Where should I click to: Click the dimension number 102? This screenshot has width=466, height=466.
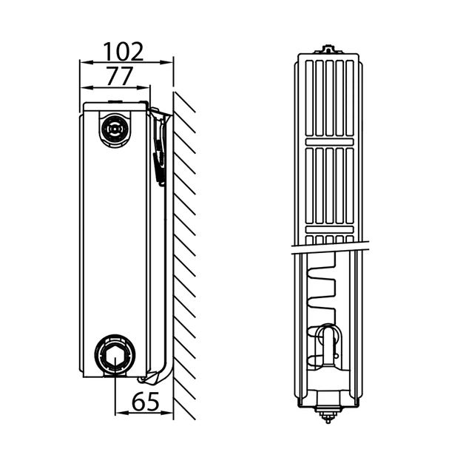(123, 52)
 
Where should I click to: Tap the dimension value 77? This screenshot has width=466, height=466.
(119, 76)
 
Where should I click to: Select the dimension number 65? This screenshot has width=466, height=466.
(146, 401)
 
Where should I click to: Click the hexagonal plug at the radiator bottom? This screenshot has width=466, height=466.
(115, 354)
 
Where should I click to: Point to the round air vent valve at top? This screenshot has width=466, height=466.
(115, 129)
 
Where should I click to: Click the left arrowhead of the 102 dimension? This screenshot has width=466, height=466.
(87, 62)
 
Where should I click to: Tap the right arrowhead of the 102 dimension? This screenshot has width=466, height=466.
(166, 62)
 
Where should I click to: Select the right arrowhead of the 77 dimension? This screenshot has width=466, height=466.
(143, 88)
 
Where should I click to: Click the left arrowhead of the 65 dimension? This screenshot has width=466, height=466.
(122, 413)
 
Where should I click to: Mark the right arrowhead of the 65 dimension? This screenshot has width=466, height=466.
(166, 413)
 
